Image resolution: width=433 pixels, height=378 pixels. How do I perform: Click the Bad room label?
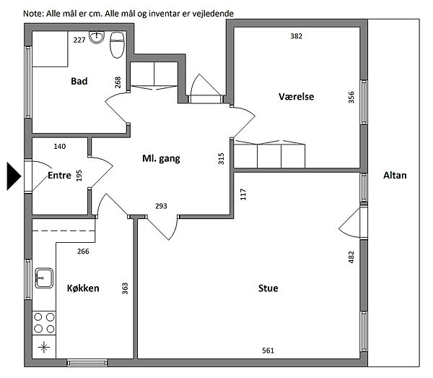click(x=79, y=81)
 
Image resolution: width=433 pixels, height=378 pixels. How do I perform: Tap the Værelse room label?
click(x=296, y=97)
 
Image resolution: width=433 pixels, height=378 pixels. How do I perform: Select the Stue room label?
click(x=268, y=288)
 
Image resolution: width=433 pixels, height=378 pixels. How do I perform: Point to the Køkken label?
click(x=83, y=288)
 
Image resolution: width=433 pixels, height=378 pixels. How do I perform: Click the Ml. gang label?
click(x=161, y=158)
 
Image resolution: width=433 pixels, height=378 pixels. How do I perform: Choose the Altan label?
click(x=395, y=176)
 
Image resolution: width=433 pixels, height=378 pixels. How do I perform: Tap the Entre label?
click(x=59, y=176)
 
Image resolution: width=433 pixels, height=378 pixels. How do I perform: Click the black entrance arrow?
click(x=14, y=176)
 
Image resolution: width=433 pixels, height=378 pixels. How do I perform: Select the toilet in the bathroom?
click(x=117, y=45)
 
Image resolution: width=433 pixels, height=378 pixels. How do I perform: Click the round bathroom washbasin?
click(x=97, y=38)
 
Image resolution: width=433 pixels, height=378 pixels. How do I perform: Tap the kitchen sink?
click(x=44, y=278)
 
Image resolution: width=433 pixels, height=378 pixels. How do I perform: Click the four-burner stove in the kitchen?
click(x=44, y=323)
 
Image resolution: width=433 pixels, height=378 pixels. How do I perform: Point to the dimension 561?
click(x=268, y=351)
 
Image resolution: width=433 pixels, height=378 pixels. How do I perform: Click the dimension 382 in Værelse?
click(x=297, y=36)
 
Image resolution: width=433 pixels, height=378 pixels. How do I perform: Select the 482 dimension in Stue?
click(x=351, y=257)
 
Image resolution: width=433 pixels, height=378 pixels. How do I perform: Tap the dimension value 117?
click(x=243, y=194)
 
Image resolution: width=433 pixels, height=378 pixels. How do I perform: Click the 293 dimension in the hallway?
click(x=161, y=206)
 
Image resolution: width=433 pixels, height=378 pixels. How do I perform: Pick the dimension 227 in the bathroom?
click(x=79, y=40)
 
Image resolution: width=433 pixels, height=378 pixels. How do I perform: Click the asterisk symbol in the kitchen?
click(x=44, y=347)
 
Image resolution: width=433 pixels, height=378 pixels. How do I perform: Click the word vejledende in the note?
click(x=213, y=13)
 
